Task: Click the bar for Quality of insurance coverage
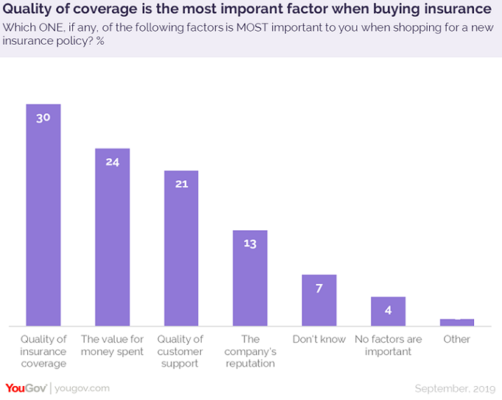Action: coord(43,221)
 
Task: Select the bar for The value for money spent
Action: coord(112,243)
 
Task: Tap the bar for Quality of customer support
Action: coord(181,254)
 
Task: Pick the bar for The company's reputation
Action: coord(250,283)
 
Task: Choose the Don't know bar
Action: coord(319,305)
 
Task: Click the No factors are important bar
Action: coord(388,315)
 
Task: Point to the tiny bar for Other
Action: coord(456,322)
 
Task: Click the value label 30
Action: coord(43,117)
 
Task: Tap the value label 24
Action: coord(112,161)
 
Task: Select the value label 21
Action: coord(181,183)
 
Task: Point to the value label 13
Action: coord(250,243)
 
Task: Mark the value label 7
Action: coord(319,287)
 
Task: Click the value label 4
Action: coord(388,310)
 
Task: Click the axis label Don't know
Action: coord(319,340)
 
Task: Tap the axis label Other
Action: coord(456,340)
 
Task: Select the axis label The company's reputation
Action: coord(250,351)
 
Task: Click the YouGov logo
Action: coord(26,388)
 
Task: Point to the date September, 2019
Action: coord(455,388)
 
